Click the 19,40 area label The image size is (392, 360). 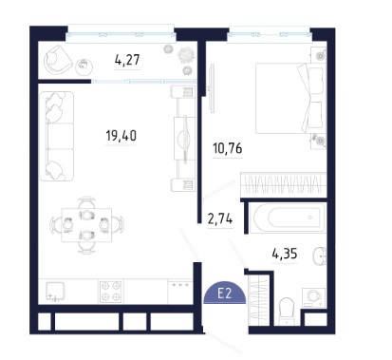point(121,136)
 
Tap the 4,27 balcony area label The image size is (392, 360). point(127,60)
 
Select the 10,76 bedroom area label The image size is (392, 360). point(228,148)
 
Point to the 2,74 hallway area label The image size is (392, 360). point(220,218)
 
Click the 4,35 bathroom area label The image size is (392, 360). point(285,254)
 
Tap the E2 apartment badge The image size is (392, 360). point(224,293)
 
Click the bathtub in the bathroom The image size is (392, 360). point(288,218)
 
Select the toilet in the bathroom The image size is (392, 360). point(288,311)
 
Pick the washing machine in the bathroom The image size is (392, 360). point(314,297)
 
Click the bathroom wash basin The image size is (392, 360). point(320,256)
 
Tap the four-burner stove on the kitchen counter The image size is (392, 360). point(111,291)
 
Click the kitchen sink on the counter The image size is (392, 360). point(55,292)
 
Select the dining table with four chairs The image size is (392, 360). point(86,225)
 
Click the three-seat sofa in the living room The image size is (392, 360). point(57,136)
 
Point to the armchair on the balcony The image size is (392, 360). point(58,59)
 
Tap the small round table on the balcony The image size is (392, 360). point(84,66)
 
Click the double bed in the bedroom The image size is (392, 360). point(290,98)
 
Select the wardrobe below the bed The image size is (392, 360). point(284,185)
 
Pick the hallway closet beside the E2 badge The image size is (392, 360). point(259,299)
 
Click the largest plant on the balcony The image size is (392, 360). point(185,55)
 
